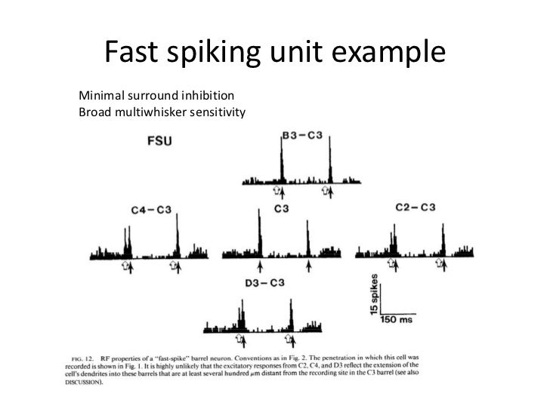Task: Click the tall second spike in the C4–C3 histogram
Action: (x=177, y=234)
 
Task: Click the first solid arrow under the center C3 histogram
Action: (x=260, y=266)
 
